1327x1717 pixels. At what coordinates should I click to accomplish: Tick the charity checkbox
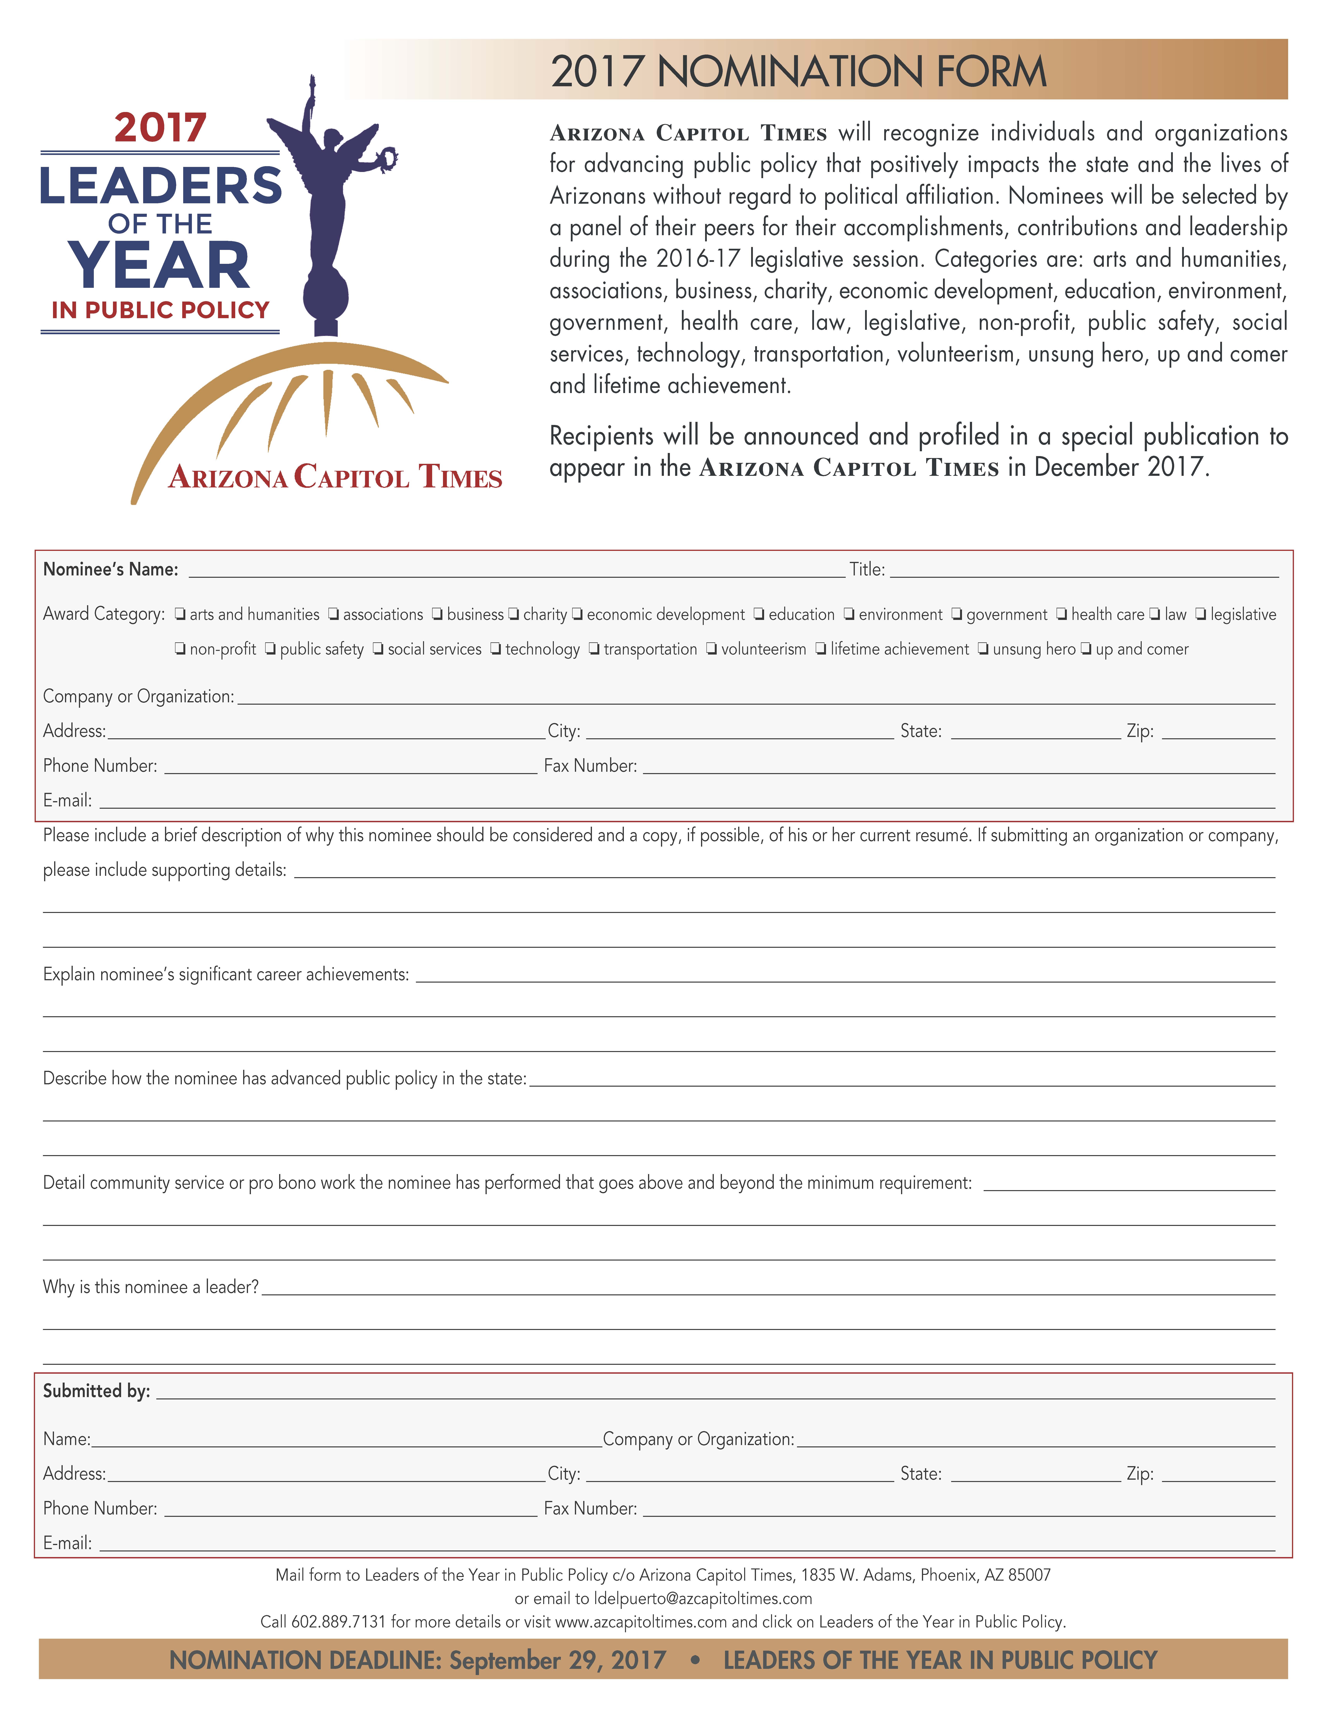(513, 615)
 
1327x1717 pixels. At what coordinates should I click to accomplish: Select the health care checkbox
(1061, 615)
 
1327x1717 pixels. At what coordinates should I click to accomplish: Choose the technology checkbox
(495, 649)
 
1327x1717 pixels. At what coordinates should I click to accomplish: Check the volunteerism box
(711, 649)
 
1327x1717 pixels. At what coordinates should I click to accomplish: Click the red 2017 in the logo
(160, 128)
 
